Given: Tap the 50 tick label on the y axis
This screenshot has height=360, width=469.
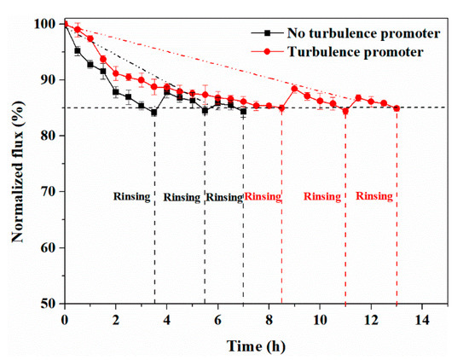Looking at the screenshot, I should click(49, 304).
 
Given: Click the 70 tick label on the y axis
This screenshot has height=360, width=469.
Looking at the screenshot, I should click(49, 192).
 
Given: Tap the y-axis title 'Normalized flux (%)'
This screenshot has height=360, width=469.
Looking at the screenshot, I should click(17, 162).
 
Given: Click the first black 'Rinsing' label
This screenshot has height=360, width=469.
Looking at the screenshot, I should click(132, 196).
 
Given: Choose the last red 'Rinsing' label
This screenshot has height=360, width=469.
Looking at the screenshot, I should click(374, 195).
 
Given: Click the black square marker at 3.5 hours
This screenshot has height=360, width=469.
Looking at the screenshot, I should click(154, 112).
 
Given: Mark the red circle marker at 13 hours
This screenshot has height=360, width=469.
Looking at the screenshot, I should click(397, 108).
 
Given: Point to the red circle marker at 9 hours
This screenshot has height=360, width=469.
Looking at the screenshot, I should click(294, 89).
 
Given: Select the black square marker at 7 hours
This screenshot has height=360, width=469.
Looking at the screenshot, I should click(243, 111).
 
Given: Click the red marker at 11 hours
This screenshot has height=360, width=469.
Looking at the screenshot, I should click(345, 111).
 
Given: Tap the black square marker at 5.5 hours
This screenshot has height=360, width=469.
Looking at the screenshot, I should click(205, 110).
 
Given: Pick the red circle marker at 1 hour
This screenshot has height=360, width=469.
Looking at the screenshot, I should click(90, 39).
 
